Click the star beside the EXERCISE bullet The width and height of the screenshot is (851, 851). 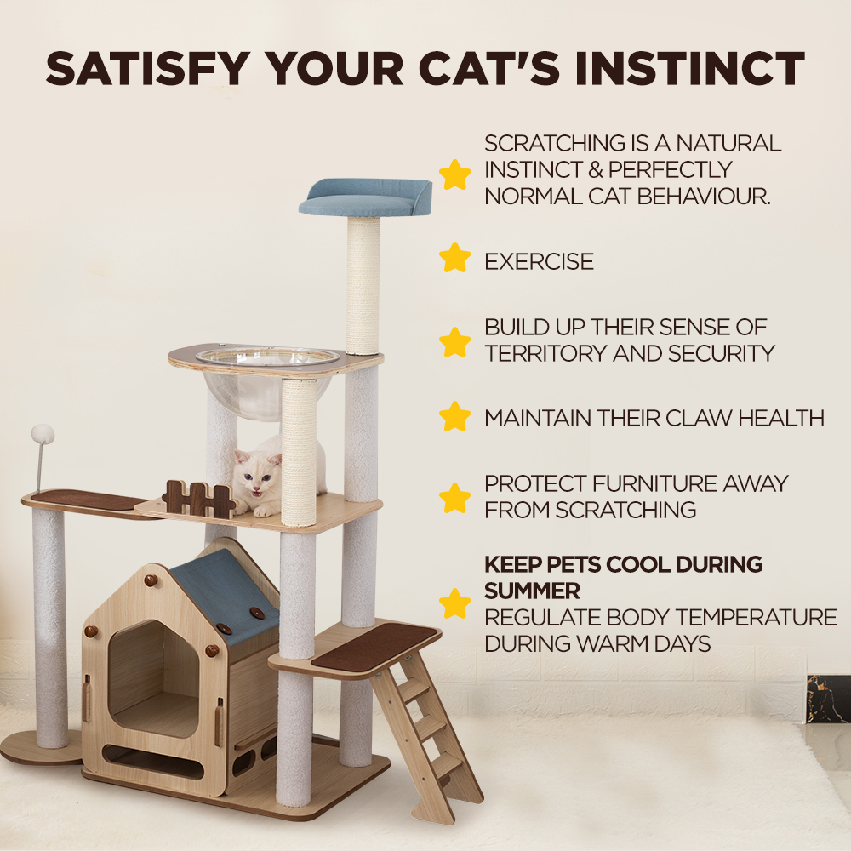[x=455, y=257]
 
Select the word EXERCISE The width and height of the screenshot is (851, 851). [x=539, y=261]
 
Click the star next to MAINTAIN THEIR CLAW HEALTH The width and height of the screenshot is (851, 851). [x=455, y=416]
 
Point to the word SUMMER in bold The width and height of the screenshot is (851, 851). [x=532, y=590]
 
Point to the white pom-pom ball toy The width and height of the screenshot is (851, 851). [x=43, y=435]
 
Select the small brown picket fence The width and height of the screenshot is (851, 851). [x=198, y=499]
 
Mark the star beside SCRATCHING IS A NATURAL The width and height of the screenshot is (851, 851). [x=455, y=174]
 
